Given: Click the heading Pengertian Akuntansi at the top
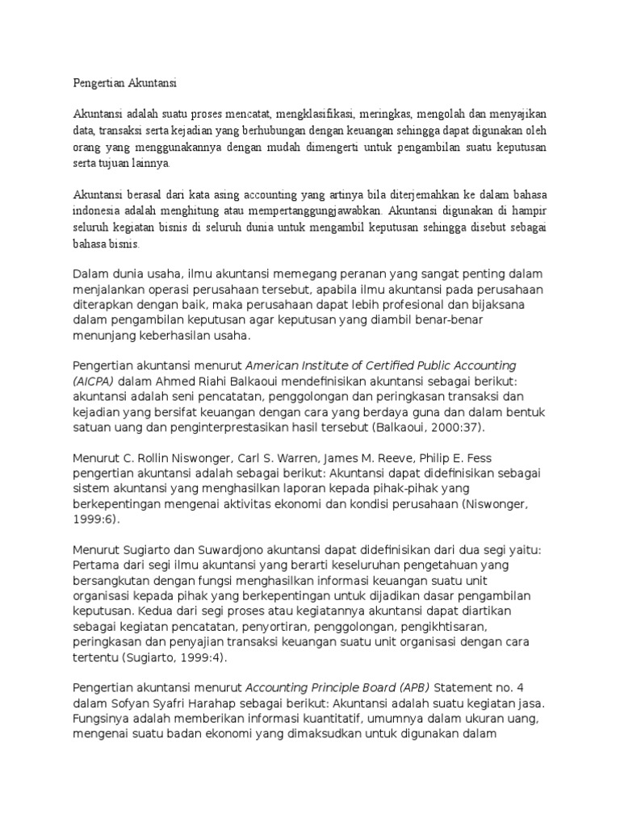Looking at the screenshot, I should coord(125,82).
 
